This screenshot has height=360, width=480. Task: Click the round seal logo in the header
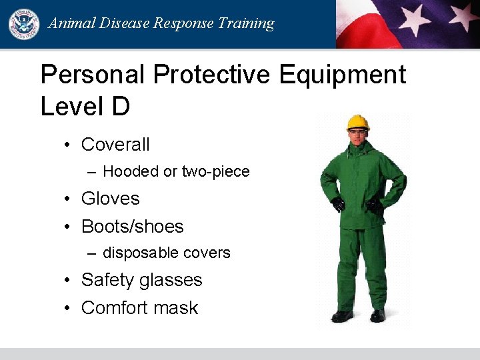pos(24,24)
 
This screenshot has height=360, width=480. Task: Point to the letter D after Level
pos(120,107)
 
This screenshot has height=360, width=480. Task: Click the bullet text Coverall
pos(115,144)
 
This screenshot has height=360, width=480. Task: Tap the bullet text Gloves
pos(110,199)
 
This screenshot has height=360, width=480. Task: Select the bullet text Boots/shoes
pos(132,227)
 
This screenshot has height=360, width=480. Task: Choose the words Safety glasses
pos(141,280)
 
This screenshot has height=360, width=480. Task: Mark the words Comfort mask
pos(139,308)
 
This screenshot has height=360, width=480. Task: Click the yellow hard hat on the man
pos(358,122)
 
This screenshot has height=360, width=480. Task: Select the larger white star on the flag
pos(415,18)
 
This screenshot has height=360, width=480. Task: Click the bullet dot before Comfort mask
pos(68,308)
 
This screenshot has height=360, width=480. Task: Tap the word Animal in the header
pos(69,24)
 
